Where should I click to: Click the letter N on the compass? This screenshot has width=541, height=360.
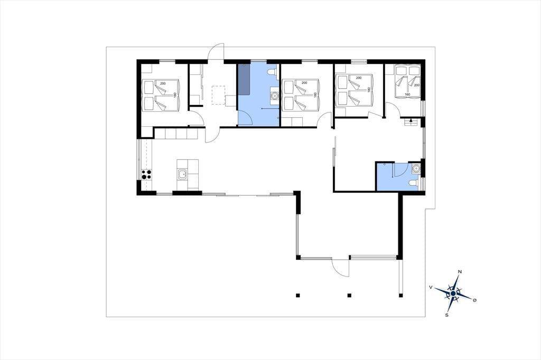tap(460, 272)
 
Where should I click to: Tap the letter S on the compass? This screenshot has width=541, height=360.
tap(447, 315)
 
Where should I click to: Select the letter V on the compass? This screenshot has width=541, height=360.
tap(431, 287)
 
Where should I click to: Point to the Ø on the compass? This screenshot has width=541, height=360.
tap(475, 300)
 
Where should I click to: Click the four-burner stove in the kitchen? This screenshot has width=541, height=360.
tap(147, 175)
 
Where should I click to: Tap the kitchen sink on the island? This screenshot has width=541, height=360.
tap(182, 175)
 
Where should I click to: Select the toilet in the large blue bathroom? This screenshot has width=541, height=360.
tap(272, 72)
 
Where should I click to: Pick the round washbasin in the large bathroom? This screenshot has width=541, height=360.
tap(274, 95)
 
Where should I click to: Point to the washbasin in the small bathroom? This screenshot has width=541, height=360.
tap(416, 168)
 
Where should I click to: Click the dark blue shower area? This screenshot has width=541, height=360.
tap(244, 79)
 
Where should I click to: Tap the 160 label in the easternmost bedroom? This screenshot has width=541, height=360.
tap(407, 94)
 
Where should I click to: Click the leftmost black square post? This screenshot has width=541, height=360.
tap(298, 295)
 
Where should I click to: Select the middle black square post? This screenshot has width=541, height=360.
tap(349, 295)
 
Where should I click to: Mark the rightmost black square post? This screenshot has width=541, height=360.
tap(400, 295)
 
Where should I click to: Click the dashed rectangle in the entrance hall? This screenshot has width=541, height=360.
tap(218, 95)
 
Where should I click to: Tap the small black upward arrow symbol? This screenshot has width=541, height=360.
tap(411, 120)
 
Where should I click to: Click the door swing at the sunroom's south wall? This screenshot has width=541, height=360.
tap(340, 267)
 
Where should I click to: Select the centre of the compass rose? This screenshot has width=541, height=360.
tap(453, 293)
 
